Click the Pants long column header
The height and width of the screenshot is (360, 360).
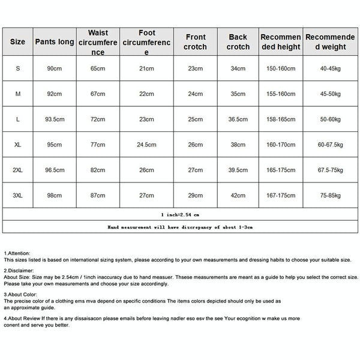[55, 42]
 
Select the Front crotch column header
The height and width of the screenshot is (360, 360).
[195, 42]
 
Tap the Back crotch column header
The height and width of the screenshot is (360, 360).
[238, 42]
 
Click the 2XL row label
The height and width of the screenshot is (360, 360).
[18, 170]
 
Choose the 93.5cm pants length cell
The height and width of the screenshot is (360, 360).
[55, 119]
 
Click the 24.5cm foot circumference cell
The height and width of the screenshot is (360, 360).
[146, 145]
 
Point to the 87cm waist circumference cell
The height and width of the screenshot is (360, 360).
[98, 195]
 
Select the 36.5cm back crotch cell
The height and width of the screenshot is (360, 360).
[238, 119]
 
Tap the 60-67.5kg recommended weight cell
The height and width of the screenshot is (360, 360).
[331, 145]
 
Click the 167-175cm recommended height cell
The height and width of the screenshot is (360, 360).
[281, 195]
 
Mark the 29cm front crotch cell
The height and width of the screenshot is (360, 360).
[195, 195]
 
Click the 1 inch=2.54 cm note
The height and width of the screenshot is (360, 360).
[180, 214]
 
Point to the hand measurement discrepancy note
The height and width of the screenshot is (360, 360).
[180, 227]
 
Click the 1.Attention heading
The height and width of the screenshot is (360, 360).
[17, 254]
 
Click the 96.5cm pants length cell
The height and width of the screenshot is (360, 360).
[55, 170]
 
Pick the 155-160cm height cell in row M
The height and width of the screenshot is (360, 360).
[281, 94]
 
